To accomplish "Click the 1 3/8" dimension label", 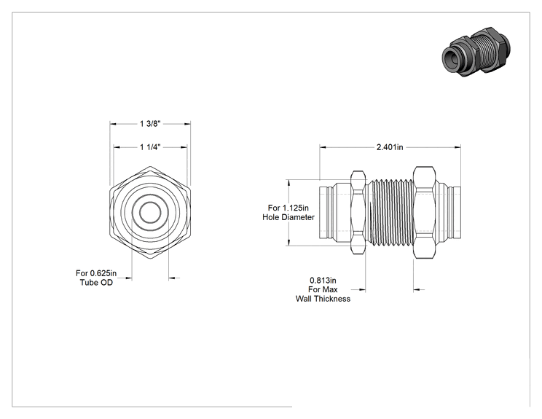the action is tap(150, 124).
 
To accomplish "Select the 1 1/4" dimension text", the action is tap(150, 147).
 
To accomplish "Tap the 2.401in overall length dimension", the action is tap(390, 147).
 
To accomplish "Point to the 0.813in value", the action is tap(323, 281).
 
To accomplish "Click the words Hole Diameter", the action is tap(288, 217).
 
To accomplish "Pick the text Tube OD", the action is tap(96, 283).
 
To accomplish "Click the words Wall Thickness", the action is tap(323, 299).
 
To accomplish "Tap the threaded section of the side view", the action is tap(390, 213).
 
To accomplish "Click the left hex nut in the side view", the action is tap(358, 213).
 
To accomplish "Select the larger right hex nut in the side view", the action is tap(424, 213).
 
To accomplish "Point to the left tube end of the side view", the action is tap(326, 213).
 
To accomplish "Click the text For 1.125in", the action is tap(288, 208).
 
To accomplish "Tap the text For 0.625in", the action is tap(96, 273).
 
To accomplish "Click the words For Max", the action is tap(323, 290).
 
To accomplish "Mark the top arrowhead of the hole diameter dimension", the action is tap(288, 183).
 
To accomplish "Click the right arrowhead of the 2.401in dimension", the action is tap(457, 147).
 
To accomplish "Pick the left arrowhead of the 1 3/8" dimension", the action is tap(114, 124).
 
